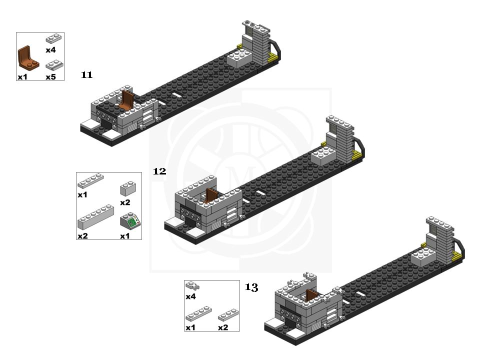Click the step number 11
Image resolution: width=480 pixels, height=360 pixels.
(86, 74)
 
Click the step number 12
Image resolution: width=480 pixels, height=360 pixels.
(159, 171)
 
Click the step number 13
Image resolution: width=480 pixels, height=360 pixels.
(251, 287)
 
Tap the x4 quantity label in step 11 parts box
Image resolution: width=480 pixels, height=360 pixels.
(51, 50)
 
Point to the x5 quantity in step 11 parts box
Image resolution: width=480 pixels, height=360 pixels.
(51, 77)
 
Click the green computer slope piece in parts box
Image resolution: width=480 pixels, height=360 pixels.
(130, 221)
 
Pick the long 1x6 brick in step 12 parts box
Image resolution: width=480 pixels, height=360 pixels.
(96, 217)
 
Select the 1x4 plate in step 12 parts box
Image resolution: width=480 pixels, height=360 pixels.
(90, 181)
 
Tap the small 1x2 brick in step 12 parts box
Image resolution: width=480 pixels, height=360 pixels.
(128, 188)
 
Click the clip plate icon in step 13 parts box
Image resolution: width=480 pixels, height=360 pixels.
(192, 286)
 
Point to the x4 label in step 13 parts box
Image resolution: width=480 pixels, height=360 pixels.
(190, 296)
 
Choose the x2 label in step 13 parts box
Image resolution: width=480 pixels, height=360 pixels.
(223, 327)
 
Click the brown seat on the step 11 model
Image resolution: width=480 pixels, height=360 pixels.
(126, 100)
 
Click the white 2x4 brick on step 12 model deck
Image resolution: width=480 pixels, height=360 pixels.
(324, 156)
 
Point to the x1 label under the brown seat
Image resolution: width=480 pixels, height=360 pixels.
(22, 77)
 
